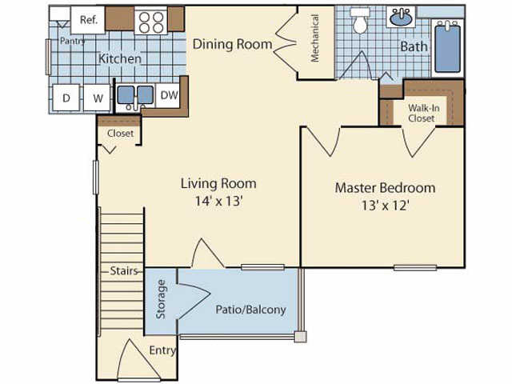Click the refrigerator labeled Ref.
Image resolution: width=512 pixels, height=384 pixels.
pyautogui.click(x=88, y=20)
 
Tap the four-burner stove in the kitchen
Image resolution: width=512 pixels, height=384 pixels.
pyautogui.click(x=151, y=22)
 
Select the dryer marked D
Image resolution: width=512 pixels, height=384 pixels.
pyautogui.click(x=66, y=98)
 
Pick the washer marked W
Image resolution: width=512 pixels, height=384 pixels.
pyautogui.click(x=97, y=98)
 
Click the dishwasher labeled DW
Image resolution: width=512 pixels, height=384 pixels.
pyautogui.click(x=169, y=95)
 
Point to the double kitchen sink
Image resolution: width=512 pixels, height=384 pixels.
pyautogui.click(x=135, y=96)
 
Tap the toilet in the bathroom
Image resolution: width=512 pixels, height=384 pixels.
pyautogui.click(x=360, y=21)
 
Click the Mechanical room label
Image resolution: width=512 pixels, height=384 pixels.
pyautogui.click(x=314, y=38)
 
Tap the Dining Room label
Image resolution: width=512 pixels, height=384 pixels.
pyautogui.click(x=232, y=44)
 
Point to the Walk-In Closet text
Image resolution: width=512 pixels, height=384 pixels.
pyautogui.click(x=423, y=113)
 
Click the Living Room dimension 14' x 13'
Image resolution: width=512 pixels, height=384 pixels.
pyautogui.click(x=218, y=201)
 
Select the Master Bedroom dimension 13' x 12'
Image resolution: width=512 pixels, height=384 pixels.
pyautogui.click(x=386, y=206)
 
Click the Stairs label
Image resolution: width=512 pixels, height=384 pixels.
pyautogui.click(x=124, y=270)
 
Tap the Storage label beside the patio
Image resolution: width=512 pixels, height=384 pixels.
pyautogui.click(x=161, y=299)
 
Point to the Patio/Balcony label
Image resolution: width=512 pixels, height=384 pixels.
pyautogui.click(x=250, y=310)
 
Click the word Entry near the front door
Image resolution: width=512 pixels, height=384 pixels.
pyautogui.click(x=162, y=350)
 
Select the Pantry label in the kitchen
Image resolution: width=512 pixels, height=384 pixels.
pyautogui.click(x=73, y=41)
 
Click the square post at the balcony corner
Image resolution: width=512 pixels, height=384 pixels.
pyautogui.click(x=301, y=337)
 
